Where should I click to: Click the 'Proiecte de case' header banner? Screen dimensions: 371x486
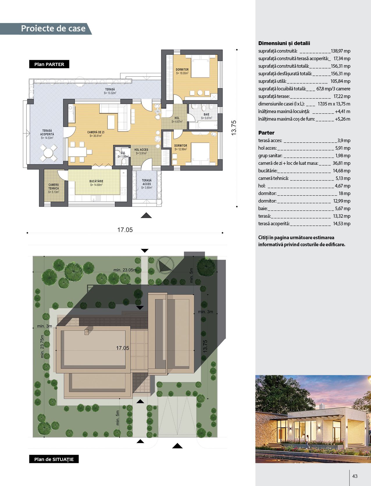[46, 28]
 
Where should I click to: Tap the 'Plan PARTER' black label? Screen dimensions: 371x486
[49, 64]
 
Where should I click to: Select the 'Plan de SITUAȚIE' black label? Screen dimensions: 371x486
[54, 459]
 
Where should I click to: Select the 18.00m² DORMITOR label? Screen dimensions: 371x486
[182, 71]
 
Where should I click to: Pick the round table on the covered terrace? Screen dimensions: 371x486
[48, 153]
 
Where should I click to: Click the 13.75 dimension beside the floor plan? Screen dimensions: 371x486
[234, 128]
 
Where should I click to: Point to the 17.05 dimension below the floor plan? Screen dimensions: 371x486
[125, 230]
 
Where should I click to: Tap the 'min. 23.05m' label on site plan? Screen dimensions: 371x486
[125, 270]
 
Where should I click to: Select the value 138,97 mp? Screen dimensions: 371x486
[341, 51]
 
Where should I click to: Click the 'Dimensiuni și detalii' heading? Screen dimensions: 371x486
[284, 43]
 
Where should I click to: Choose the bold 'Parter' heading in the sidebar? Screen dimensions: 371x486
[266, 133]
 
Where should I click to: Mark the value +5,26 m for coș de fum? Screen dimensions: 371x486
[343, 119]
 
